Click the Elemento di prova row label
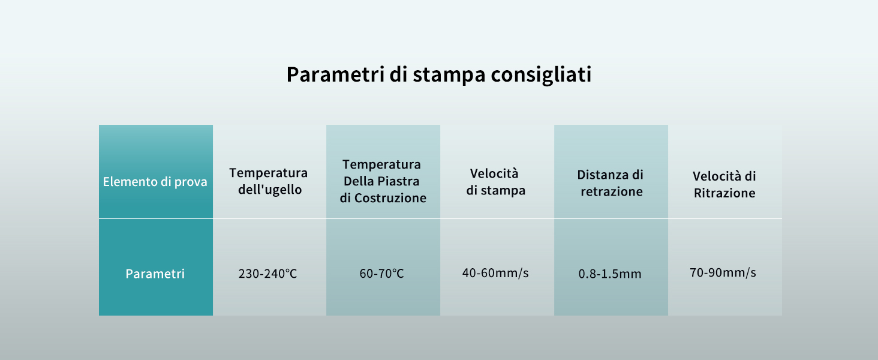pos(155,182)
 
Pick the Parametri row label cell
pos(155,274)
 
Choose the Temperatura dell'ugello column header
pos(268,181)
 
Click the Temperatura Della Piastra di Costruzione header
pos(383,181)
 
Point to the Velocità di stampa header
pos(495,182)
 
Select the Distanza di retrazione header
pos(611,183)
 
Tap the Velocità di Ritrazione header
pos(724,184)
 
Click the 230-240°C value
pos(268,274)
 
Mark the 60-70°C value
pos(382,274)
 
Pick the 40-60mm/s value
pos(495,273)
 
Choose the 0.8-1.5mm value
pos(610,274)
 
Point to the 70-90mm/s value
pos(723,273)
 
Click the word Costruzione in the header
pos(390,198)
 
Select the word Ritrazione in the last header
pos(724,193)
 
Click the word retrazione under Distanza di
pos(611,192)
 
